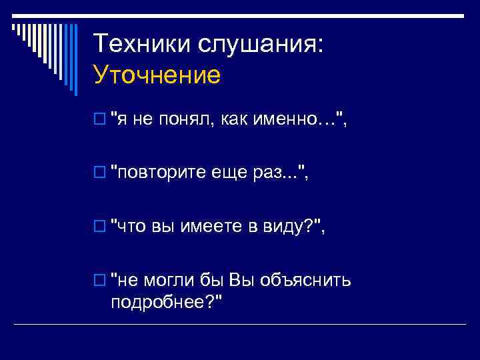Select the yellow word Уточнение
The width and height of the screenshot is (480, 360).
click(x=157, y=75)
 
